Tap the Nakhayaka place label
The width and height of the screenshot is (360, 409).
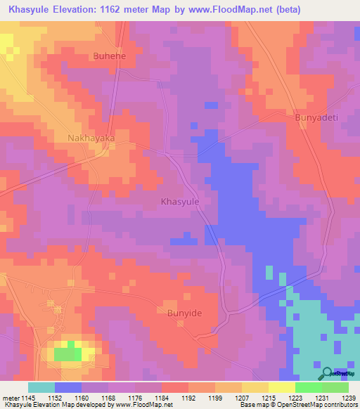[91, 138]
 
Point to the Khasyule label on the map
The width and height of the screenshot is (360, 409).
[181, 202]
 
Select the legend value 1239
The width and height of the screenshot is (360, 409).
[347, 398]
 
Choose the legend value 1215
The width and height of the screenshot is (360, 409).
[267, 398]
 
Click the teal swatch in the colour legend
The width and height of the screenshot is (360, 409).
[41, 387]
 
